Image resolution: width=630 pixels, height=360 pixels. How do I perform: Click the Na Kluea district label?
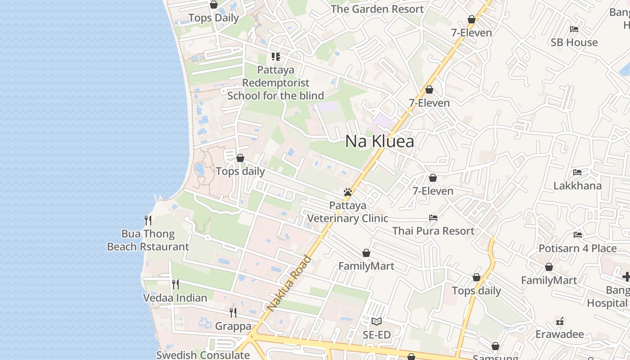tap(379, 141)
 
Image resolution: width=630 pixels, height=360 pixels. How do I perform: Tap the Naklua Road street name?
tap(289, 283)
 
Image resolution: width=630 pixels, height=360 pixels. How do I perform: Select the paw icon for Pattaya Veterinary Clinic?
tap(347, 192)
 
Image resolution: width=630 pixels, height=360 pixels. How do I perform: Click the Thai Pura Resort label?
tap(433, 231)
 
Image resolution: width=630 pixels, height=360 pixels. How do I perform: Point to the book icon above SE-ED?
tap(377, 321)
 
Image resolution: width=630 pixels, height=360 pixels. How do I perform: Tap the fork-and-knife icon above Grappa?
tap(233, 312)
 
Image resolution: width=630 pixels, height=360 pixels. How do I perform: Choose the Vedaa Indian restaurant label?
tap(175, 298)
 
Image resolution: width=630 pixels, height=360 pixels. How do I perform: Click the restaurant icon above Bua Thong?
tap(148, 220)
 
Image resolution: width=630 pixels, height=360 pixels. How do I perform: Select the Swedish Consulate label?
tap(202, 355)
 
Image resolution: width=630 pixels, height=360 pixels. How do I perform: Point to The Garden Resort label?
tap(377, 9)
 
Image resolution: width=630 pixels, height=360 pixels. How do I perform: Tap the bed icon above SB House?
tap(574, 29)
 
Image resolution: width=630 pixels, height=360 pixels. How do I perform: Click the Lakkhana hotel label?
tap(577, 186)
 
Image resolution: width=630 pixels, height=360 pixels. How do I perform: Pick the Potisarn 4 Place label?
tap(578, 248)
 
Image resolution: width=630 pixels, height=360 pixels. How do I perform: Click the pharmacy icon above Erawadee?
tap(560, 321)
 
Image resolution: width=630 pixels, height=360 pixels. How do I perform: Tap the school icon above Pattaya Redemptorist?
tap(275, 57)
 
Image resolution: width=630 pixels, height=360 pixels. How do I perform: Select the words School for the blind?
tap(275, 96)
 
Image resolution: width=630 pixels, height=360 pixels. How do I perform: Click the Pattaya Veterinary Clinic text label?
tap(347, 212)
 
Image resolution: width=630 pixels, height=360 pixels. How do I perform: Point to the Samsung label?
tap(495, 358)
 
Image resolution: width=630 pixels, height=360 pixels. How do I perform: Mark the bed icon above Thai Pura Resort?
tap(433, 218)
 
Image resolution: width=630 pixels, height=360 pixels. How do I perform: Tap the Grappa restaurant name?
tap(233, 326)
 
